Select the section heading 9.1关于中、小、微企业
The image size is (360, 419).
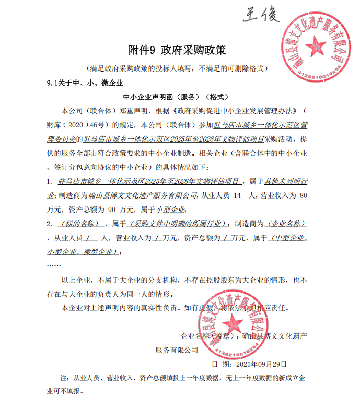click(85, 83)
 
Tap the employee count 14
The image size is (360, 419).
click(237, 195)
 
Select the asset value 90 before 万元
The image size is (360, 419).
click(111, 210)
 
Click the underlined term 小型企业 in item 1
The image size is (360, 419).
click(170, 210)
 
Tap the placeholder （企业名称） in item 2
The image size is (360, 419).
click(285, 224)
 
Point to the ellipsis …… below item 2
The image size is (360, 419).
click(54, 265)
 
